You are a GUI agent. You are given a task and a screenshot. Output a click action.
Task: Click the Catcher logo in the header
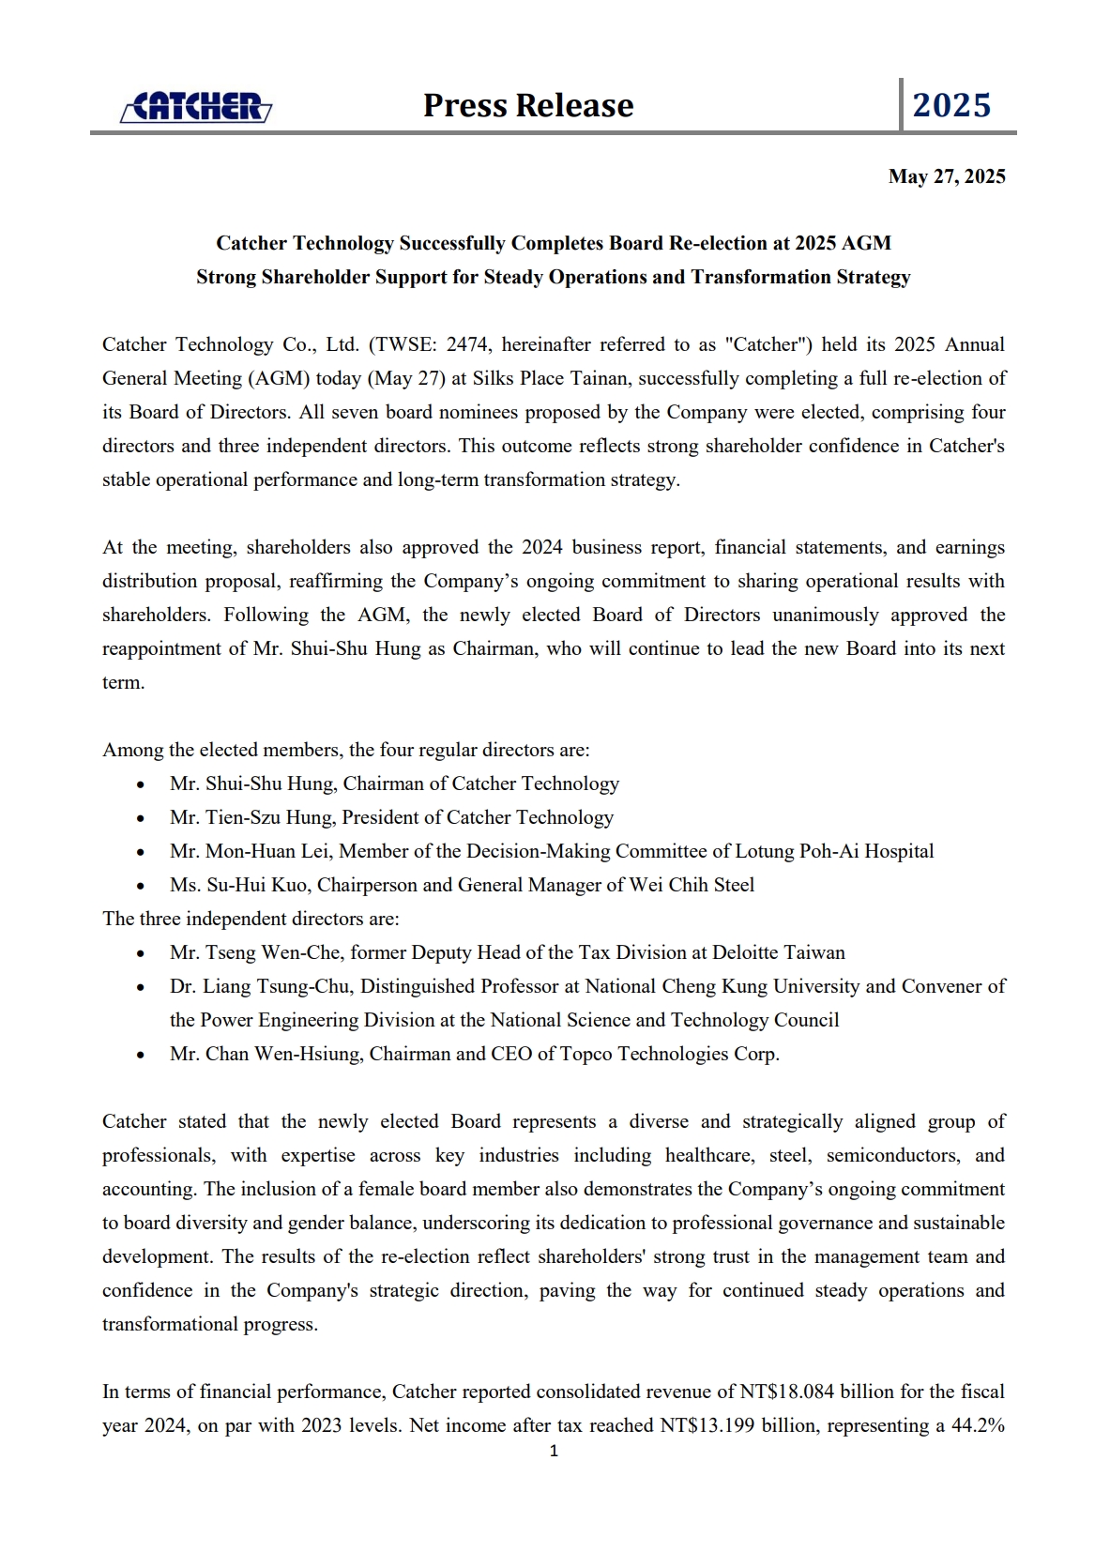[x=196, y=107]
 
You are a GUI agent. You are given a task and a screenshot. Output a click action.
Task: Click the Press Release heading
[x=528, y=105]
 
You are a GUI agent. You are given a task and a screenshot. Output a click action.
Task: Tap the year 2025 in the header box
[x=951, y=105]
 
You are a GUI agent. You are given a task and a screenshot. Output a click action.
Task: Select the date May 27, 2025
[x=947, y=176]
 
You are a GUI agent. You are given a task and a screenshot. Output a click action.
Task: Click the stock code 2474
[x=466, y=344]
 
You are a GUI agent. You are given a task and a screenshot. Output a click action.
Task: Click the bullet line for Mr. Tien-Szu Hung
[x=391, y=817]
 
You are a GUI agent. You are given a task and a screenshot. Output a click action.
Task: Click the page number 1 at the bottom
[x=554, y=1451]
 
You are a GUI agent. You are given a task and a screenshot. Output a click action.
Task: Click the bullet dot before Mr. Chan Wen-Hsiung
[x=141, y=1055]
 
